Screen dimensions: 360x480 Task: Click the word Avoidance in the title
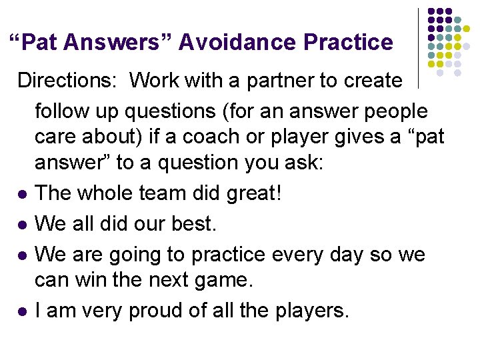coord(237,43)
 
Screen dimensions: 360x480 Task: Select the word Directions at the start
coord(65,81)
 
